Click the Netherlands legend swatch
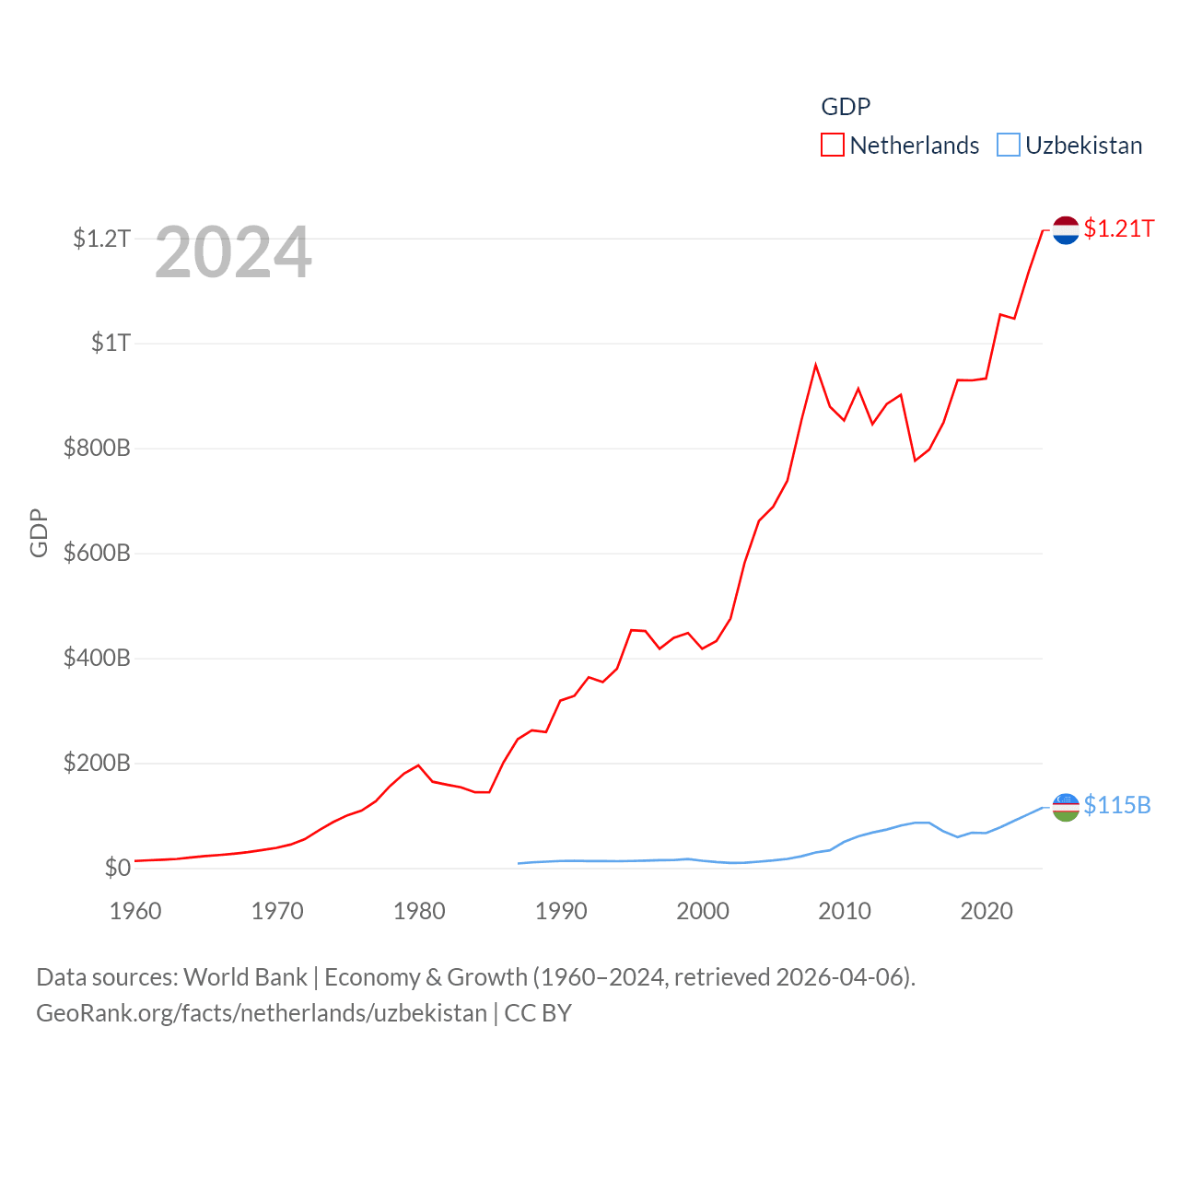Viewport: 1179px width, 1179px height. (833, 146)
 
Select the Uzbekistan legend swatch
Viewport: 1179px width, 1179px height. (1009, 146)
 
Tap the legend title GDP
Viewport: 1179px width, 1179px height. (846, 107)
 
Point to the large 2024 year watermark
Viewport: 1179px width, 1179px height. (233, 252)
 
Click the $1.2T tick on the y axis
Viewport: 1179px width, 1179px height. (101, 239)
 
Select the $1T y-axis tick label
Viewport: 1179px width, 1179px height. (111, 343)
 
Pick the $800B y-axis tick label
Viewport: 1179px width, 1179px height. (97, 449)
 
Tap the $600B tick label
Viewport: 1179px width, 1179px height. (97, 554)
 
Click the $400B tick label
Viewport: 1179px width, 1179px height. (97, 659)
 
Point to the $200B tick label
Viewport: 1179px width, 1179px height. (97, 764)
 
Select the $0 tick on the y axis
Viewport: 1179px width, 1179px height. (117, 868)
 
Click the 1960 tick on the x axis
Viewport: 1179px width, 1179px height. (135, 911)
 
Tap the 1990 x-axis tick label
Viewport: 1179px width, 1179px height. (561, 911)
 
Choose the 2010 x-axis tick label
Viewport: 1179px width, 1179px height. (845, 911)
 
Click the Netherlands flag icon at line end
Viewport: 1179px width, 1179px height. (1066, 230)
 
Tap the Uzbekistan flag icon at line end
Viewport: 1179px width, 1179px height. (1066, 807)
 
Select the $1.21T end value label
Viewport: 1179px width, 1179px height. (1119, 228)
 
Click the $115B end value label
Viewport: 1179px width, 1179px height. (1117, 805)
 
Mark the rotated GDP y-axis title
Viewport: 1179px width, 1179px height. (39, 532)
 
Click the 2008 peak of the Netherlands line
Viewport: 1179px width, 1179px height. (815, 366)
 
